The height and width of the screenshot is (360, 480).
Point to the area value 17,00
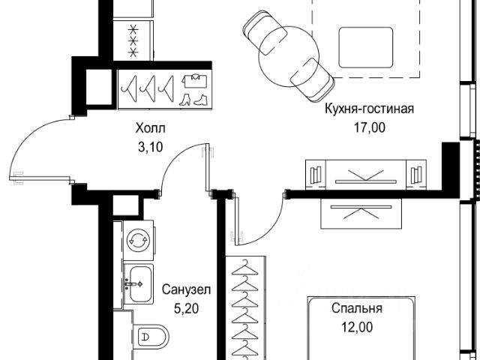pyautogui.click(x=369, y=127)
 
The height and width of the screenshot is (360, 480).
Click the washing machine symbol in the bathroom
pyautogui.click(x=137, y=240)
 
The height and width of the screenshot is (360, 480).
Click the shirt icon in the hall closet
pyautogui.click(x=194, y=79)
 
